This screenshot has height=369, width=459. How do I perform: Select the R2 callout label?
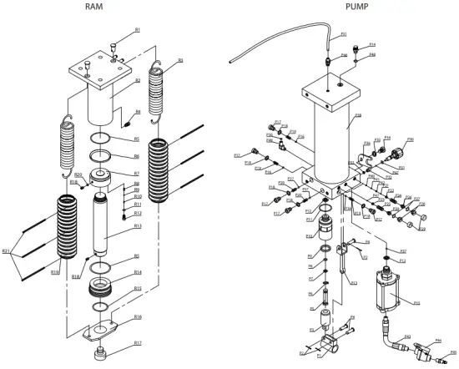coord(139,81)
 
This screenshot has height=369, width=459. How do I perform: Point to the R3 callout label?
coord(180,61)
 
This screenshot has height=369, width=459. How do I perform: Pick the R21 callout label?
coord(7,250)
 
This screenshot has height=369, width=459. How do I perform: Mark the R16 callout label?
coord(138,317)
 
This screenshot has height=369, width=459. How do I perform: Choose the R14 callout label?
coord(138,272)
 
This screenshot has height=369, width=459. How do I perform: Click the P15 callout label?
coord(416,303)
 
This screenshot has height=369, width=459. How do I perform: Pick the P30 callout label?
coord(410,139)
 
